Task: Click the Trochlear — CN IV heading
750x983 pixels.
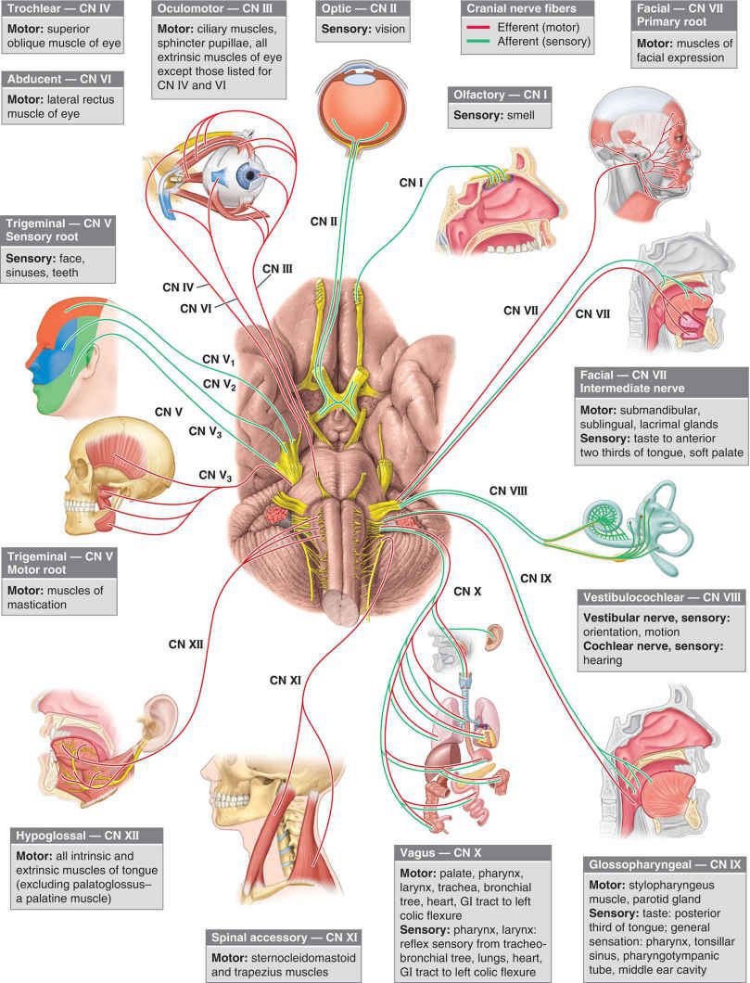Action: click(59, 11)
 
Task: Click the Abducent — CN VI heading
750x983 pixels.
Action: click(57, 80)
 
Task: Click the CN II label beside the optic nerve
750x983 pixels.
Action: click(326, 222)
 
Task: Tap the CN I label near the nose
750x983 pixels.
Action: click(409, 181)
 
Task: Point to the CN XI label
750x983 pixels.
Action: click(286, 680)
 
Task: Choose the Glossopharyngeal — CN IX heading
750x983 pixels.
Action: click(664, 863)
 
